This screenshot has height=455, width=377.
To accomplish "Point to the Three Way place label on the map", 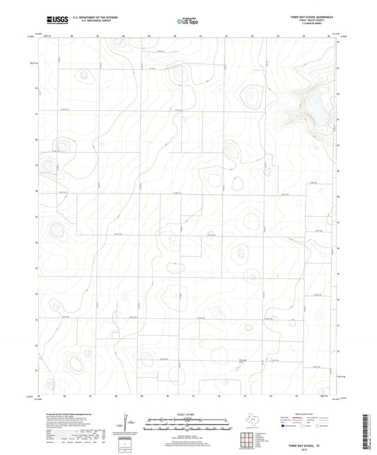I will pos(245,360).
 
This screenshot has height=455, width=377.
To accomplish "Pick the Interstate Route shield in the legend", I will pos(285,427).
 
